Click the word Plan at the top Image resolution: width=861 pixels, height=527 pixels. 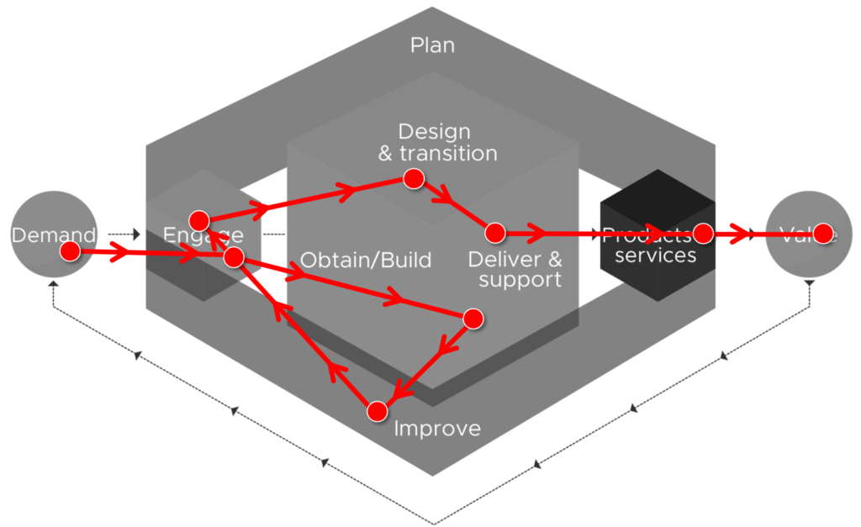click(432, 45)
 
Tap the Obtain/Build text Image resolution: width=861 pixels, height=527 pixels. click(366, 260)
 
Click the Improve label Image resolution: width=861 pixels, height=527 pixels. click(437, 429)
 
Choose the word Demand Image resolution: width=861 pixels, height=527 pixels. click(54, 235)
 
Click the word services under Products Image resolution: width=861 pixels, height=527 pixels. click(655, 256)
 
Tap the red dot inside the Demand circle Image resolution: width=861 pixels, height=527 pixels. click(70, 251)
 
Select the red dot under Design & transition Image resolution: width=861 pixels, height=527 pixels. click(413, 179)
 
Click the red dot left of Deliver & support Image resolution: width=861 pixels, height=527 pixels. click(494, 232)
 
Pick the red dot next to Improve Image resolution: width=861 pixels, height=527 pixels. click(378, 411)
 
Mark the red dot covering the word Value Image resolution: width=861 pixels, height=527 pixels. click(822, 234)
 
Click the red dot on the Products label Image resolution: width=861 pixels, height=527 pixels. click(703, 233)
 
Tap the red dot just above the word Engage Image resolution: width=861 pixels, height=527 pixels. click(199, 220)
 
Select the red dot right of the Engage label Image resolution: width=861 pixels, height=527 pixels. click(234, 257)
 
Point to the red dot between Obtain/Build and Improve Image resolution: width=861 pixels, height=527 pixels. click(473, 319)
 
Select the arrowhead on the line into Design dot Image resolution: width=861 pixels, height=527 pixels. click(345, 189)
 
